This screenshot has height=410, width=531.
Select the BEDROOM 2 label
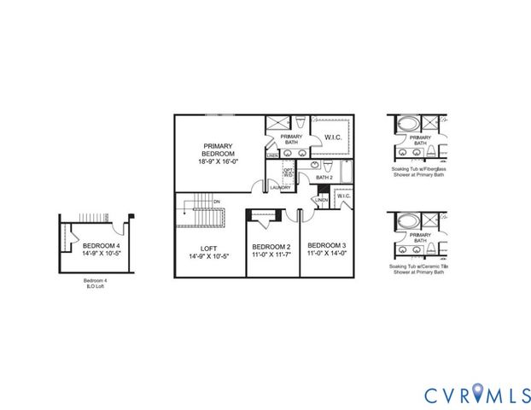272,246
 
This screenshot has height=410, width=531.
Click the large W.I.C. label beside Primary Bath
334,138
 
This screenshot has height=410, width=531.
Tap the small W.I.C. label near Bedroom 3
344,196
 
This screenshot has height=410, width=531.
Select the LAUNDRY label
282,187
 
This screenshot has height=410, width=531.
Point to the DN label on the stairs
217,202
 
